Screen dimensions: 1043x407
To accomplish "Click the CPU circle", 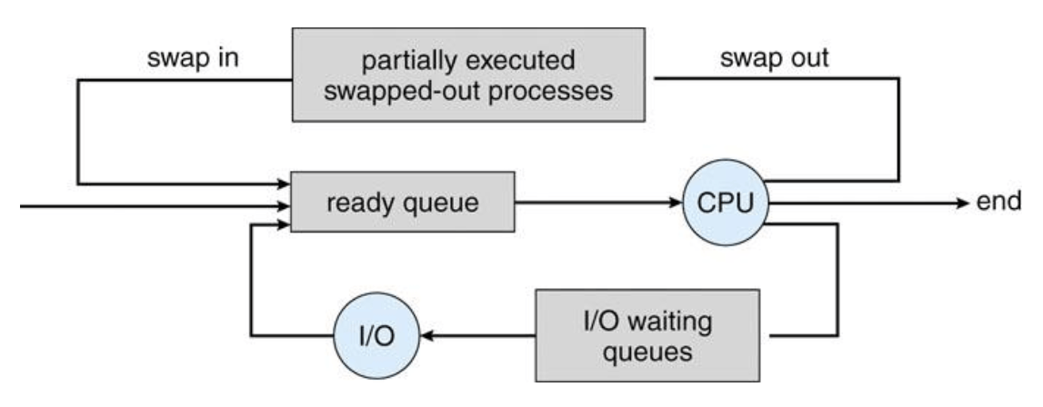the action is point(726,203).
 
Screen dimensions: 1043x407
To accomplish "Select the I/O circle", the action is point(376,336).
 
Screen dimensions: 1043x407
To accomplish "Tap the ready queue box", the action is point(403,202).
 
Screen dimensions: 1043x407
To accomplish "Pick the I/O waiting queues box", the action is point(647,335).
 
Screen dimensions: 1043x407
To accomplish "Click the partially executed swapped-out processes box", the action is point(468,74).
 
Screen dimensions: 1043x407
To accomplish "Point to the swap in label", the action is point(193,58).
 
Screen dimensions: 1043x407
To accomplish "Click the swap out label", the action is point(775,58).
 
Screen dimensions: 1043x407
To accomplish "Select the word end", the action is point(999,202).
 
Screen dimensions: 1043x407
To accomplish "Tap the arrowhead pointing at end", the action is point(962,203).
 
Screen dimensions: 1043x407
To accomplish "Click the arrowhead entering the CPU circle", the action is point(675,203).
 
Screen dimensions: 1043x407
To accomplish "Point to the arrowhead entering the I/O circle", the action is point(428,336).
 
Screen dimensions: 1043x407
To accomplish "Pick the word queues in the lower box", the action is point(647,352).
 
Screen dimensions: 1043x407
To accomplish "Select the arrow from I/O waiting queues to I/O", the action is point(477,336).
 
